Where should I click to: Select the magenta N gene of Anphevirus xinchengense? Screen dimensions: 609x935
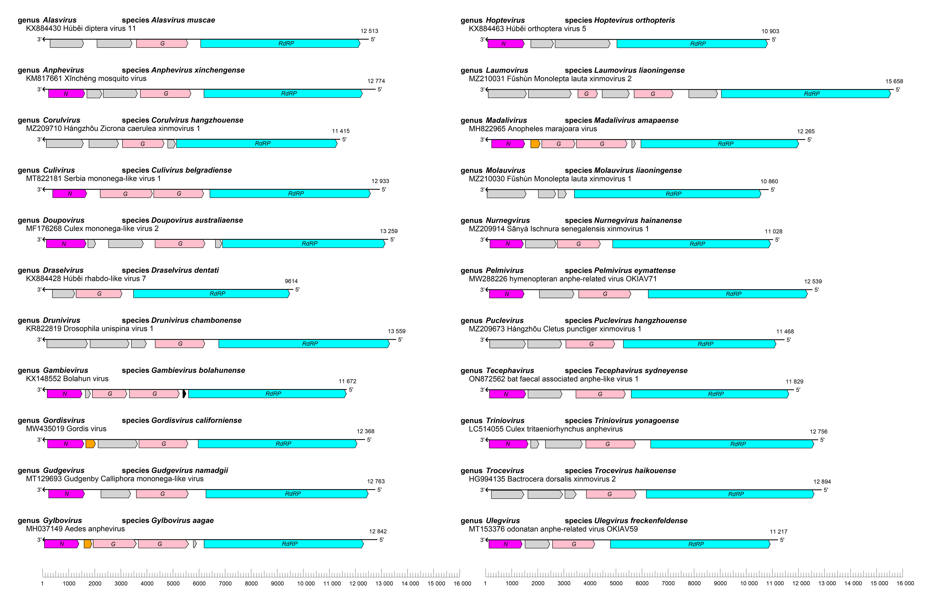[66, 93]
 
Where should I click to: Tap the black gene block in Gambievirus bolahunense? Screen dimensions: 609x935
[184, 394]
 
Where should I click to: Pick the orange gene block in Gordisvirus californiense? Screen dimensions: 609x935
[90, 444]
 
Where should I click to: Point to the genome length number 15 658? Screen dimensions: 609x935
[894, 81]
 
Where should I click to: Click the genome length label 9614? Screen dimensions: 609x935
[291, 281]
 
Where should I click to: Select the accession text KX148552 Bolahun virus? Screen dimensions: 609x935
[67, 379]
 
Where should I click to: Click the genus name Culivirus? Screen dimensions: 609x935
[59, 170]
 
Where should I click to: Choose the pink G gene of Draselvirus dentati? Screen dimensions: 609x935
[99, 294]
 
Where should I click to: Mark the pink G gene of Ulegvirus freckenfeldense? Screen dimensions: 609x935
[574, 544]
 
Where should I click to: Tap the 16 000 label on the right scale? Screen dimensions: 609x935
[905, 583]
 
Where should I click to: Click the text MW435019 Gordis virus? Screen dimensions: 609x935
[66, 429]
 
